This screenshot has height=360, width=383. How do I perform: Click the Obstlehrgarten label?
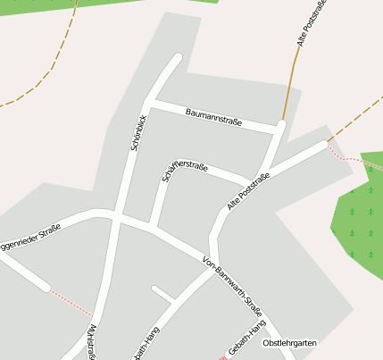pos(289,343)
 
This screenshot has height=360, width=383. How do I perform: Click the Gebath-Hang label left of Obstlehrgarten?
pos(246,343)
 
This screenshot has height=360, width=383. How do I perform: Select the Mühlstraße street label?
pos(92,343)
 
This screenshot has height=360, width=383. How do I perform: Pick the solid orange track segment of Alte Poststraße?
pos(288,89)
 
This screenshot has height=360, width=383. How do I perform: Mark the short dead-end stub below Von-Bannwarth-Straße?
pos(162,293)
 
